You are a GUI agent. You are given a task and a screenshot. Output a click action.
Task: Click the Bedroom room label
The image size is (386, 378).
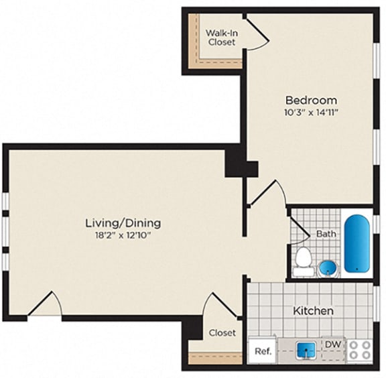tap(311, 100)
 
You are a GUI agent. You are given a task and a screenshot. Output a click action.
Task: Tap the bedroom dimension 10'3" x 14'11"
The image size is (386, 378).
tap(311, 113)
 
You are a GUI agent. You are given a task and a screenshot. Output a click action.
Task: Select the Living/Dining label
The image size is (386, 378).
tap(123, 223)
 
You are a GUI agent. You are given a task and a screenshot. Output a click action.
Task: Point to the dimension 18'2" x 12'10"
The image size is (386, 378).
tap(123, 235)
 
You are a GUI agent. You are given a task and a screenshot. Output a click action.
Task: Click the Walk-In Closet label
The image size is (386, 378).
tap(220, 37)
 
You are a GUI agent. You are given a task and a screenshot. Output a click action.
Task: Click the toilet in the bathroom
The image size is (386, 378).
tap(304, 259)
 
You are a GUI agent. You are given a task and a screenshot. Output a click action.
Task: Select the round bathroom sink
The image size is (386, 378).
tap(328, 267)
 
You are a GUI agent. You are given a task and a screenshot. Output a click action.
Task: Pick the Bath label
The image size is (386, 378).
tap(326, 234)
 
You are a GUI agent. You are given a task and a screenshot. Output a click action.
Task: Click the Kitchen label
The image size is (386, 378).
tap(313, 311)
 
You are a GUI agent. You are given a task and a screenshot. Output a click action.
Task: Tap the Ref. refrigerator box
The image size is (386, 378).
tap(263, 351)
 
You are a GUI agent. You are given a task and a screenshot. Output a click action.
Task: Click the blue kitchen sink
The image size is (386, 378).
tap(307, 349)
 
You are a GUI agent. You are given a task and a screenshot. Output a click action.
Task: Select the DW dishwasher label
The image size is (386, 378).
tap(333, 344)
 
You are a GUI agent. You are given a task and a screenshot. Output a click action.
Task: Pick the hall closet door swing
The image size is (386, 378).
tap(219, 305)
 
